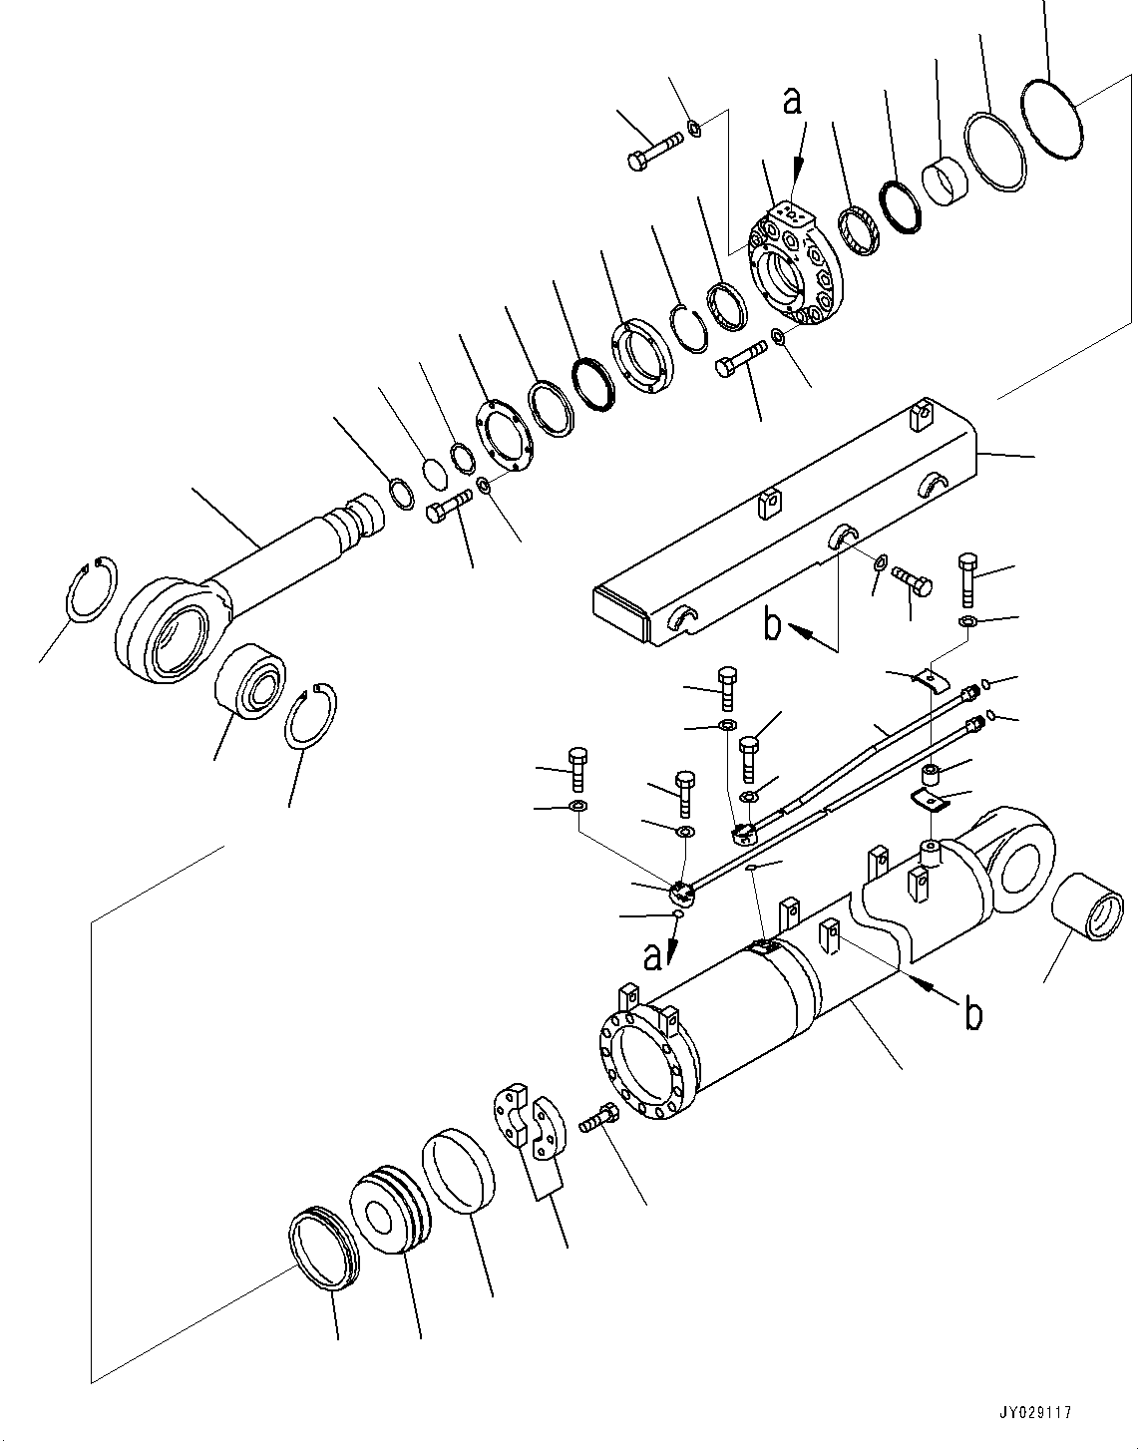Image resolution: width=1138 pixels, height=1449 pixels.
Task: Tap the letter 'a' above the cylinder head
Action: pos(792,102)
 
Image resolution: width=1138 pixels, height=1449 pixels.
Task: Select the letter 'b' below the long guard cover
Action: pos(773,624)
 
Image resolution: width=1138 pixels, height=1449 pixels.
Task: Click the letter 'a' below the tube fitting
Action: pos(653,957)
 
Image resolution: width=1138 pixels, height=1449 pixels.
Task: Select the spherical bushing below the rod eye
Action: pos(252,685)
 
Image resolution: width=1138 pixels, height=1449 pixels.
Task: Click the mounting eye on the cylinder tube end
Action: pos(1019,860)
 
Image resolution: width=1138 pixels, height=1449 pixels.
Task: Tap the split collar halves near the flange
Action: pos(526,1125)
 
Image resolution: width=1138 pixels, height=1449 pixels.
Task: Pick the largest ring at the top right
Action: pos(1054,118)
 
